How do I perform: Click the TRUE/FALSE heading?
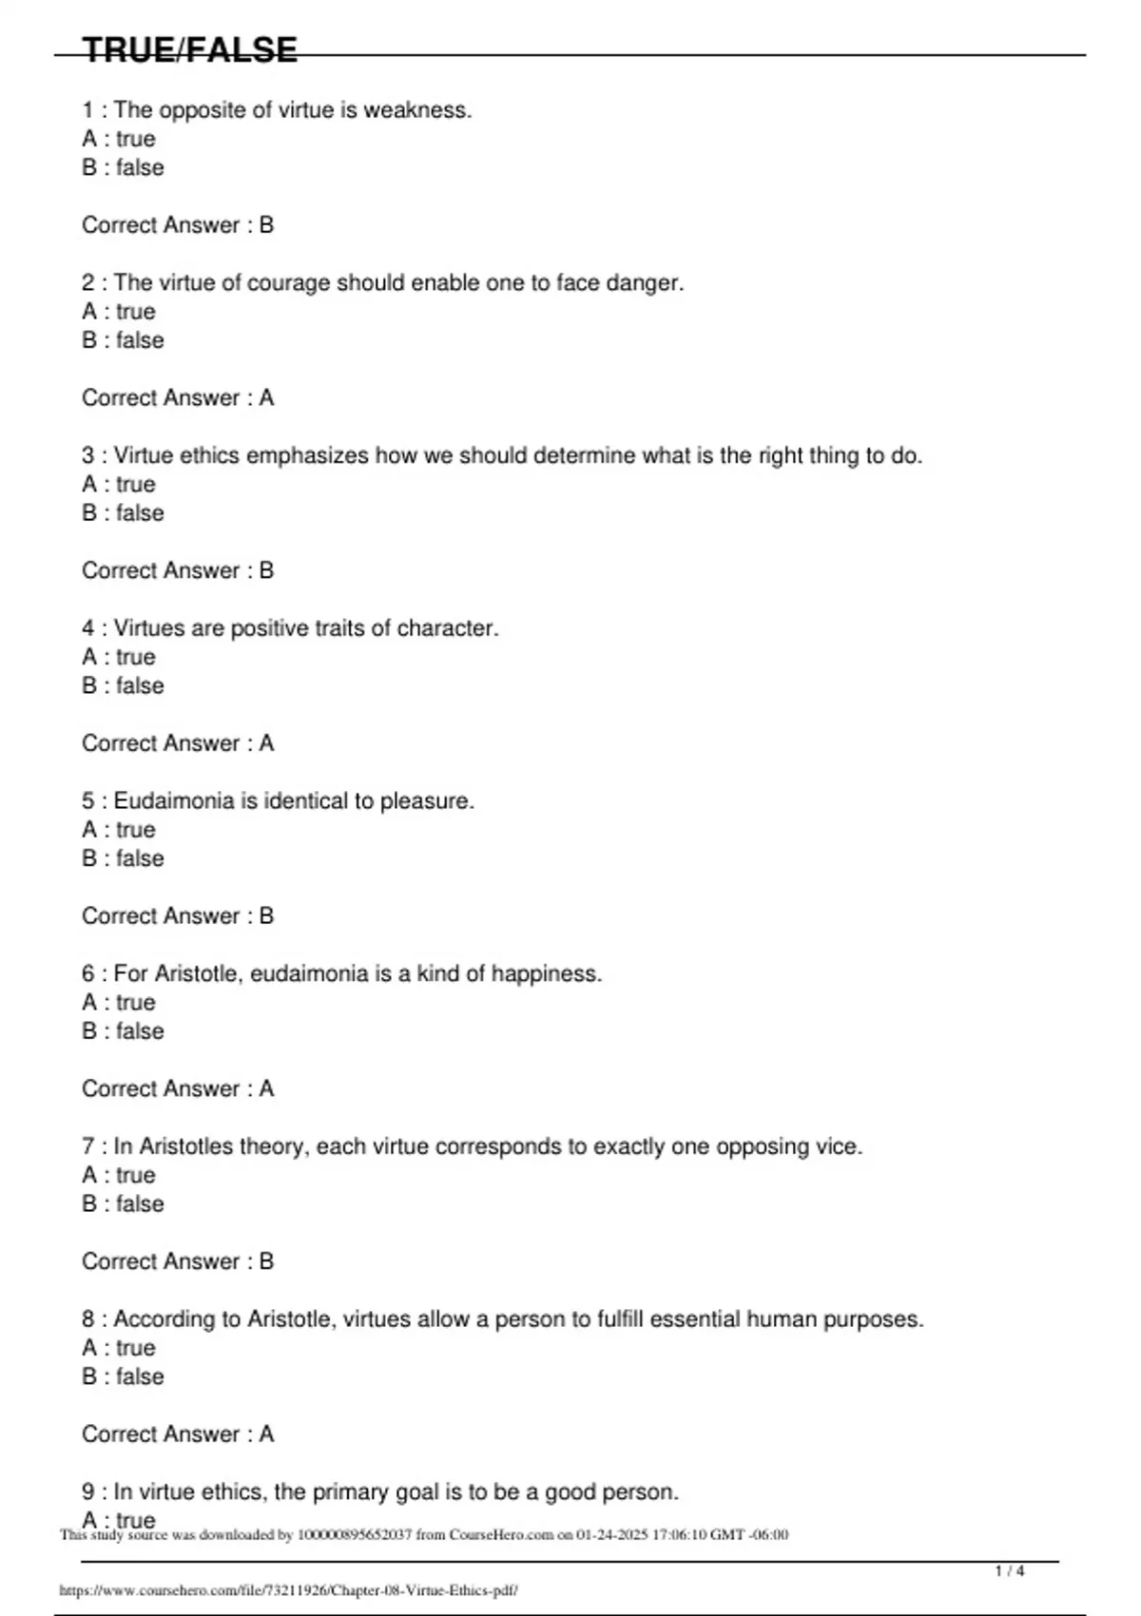tap(189, 49)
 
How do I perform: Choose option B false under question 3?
tap(123, 513)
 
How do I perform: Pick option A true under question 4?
tap(119, 657)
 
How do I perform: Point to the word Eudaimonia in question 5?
tap(173, 801)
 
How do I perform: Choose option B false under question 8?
tap(123, 1376)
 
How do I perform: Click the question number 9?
tap(88, 1492)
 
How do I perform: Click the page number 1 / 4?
tap(1010, 1571)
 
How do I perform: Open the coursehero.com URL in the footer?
tap(288, 1589)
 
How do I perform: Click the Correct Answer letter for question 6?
tap(266, 1088)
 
